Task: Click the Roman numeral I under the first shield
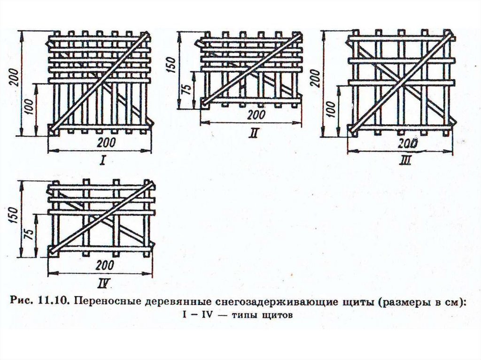pyautogui.click(x=102, y=162)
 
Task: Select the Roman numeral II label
pyautogui.click(x=254, y=133)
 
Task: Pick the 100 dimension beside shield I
pyautogui.click(x=30, y=108)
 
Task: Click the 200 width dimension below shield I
pyautogui.click(x=102, y=143)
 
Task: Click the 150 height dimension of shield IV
pyautogui.click(x=14, y=217)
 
